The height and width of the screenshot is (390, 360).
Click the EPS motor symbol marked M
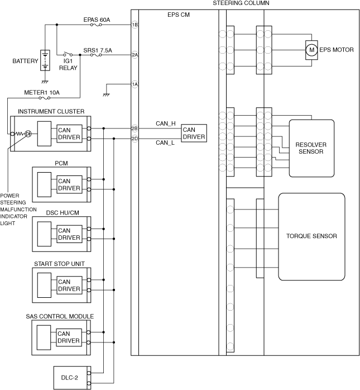point(311,50)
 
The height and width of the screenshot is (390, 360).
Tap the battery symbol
point(45,60)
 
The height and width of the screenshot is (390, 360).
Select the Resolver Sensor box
point(311,148)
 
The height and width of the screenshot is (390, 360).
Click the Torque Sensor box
point(311,236)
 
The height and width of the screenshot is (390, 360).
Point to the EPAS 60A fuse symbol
point(96,25)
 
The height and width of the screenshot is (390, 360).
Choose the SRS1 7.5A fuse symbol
point(96,55)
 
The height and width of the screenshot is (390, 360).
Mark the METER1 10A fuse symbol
point(45,98)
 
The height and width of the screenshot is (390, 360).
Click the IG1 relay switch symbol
point(68,54)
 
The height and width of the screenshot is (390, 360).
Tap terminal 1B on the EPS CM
point(135,25)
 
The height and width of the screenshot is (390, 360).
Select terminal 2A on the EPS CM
point(135,55)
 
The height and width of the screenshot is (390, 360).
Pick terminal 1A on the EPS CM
point(135,84)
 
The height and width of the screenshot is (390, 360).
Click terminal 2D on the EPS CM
point(135,139)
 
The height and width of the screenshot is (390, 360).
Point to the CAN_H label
point(165,123)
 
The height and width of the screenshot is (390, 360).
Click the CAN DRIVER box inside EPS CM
point(194,134)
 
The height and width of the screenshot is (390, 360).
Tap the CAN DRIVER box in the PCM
point(69,184)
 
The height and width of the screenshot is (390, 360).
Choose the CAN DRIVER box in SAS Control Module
point(69,337)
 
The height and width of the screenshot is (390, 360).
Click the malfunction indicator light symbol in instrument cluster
point(28,134)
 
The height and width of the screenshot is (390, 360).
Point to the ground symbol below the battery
point(45,82)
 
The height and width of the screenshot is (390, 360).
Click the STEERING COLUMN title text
point(241,3)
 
